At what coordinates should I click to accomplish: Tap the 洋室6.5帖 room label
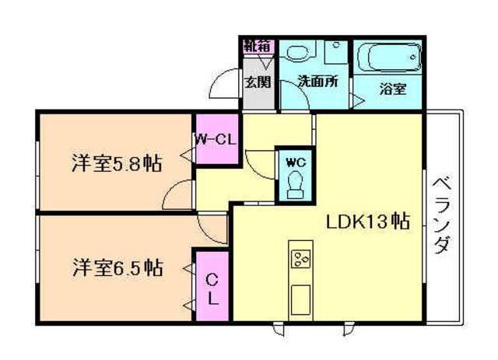(x=117, y=269)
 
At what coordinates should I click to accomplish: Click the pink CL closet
(x=212, y=285)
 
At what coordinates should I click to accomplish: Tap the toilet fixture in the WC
(x=295, y=184)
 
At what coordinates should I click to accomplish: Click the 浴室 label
(x=392, y=89)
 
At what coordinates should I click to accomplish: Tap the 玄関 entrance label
(x=257, y=80)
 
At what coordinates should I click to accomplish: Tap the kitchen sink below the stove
(x=300, y=295)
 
